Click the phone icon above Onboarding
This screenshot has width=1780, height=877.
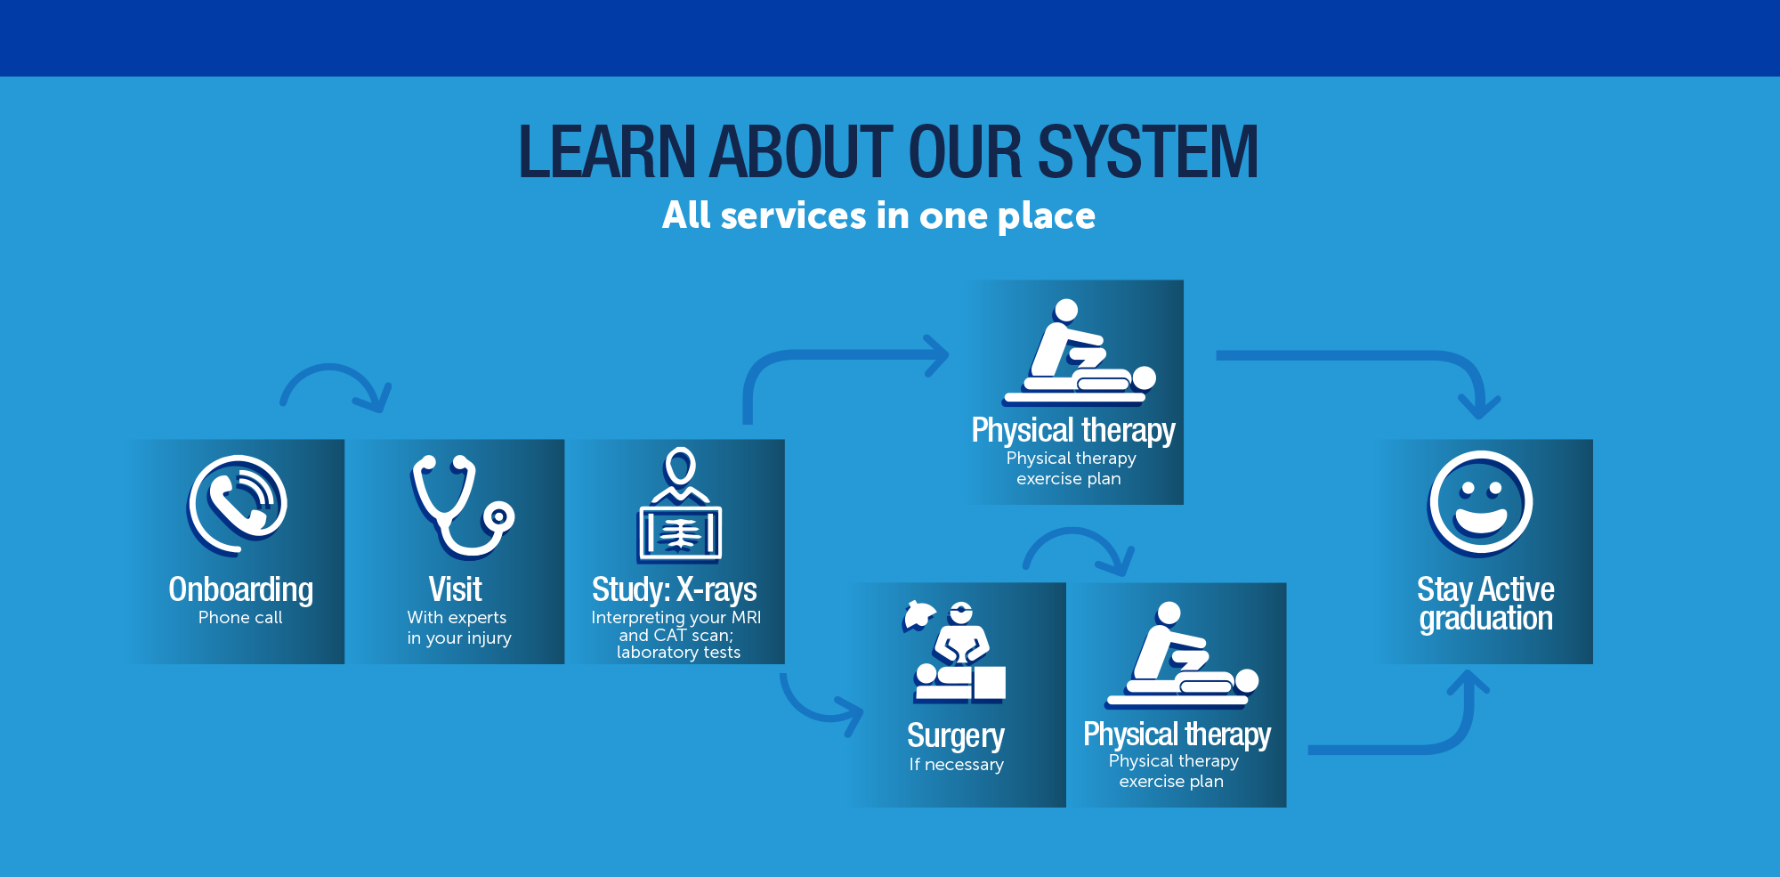pos(238,505)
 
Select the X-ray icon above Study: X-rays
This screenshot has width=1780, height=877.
pos(680,505)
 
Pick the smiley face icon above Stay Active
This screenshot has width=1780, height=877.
pos(1481,504)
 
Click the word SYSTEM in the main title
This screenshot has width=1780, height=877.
pos(1148,152)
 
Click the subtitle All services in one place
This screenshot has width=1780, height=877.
pos(878,216)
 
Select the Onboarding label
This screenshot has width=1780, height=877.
pos(240,589)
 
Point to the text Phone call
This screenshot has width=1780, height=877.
pos(240,618)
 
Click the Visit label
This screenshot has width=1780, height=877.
pos(455,589)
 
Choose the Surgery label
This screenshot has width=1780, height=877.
pos(956,736)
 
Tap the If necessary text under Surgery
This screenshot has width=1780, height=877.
pos(957,765)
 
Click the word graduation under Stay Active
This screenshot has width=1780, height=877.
pos(1485,619)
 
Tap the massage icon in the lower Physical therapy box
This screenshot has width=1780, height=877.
pos(1182,655)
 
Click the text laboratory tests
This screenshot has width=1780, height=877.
pos(678,653)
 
